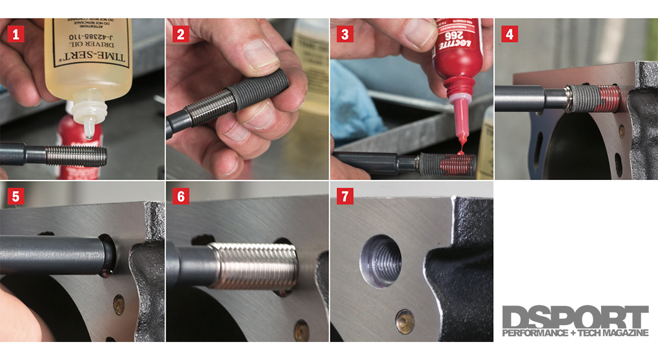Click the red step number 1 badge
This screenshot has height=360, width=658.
[16, 34]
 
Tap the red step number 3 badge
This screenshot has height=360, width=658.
[344, 34]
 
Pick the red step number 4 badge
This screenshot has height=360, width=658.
[509, 34]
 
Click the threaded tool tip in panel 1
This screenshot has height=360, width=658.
[81, 156]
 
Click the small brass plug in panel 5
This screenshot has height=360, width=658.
[118, 301]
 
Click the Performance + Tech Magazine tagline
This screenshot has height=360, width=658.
[575, 332]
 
